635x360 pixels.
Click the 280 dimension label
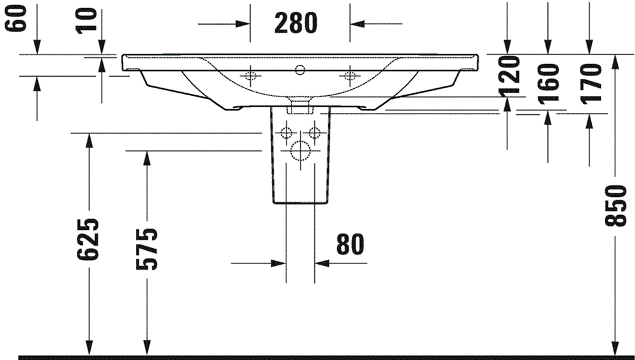tap(295, 23)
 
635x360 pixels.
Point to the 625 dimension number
tap(88, 239)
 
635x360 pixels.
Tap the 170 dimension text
tap(590, 79)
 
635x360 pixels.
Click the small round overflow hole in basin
tap(300, 67)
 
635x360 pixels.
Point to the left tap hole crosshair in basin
tap(250, 76)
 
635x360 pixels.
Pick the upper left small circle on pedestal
tap(286, 133)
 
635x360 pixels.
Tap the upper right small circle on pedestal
tap(314, 133)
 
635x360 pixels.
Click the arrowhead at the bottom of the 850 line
tap(615, 349)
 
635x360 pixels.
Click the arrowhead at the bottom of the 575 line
tap(147, 349)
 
